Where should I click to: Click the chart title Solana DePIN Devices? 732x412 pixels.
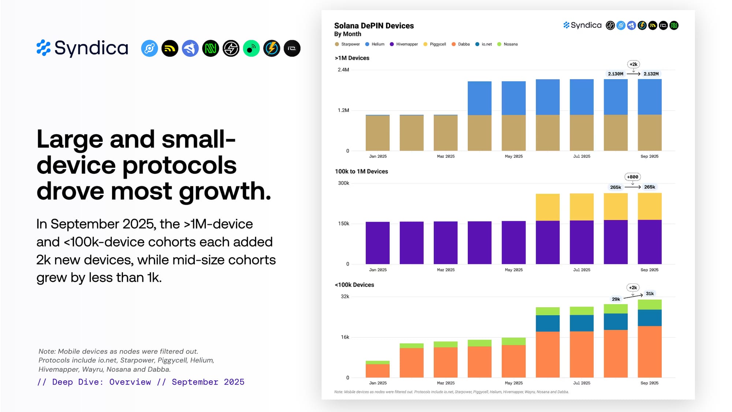(374, 26)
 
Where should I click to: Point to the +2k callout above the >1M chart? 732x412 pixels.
(633, 64)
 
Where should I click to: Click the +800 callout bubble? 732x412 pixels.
(632, 177)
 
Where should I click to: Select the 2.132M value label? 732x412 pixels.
(651, 74)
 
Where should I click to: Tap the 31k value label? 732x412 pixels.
(650, 294)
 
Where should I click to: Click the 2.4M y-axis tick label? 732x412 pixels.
(343, 70)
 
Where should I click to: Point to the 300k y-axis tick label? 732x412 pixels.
(343, 183)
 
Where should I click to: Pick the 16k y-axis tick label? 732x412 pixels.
(345, 337)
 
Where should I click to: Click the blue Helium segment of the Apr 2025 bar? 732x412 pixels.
(479, 98)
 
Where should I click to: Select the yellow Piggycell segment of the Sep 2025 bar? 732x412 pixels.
(650, 206)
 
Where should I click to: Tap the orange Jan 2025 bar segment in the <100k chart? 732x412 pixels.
(377, 371)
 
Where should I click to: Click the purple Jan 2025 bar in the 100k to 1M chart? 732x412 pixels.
(377, 243)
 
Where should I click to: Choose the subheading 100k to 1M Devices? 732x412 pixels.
(361, 171)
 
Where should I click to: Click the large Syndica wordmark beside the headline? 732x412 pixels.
(91, 48)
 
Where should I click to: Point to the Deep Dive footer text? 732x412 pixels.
(141, 382)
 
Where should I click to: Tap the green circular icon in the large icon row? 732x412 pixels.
(251, 48)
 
